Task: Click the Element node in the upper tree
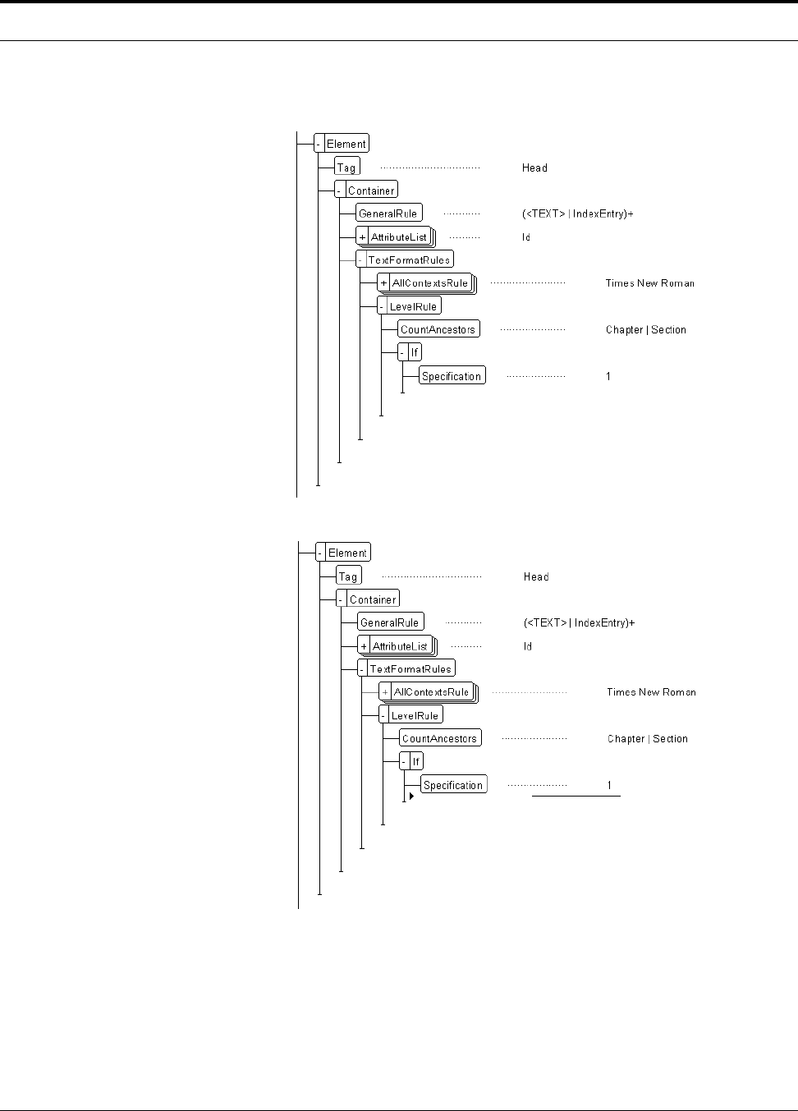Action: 346,144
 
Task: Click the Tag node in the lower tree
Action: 348,576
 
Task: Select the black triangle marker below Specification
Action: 411,796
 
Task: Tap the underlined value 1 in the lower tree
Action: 609,786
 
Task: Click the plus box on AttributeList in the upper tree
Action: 362,237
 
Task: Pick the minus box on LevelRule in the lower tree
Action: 383,715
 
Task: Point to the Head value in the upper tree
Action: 534,168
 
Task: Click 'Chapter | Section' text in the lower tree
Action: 647,739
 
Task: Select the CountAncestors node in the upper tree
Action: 438,329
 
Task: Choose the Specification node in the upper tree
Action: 452,376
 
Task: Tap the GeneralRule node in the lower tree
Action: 390,622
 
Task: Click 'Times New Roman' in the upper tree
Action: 649,283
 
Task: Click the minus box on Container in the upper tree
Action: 340,191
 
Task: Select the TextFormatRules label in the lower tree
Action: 410,669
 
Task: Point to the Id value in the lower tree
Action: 528,646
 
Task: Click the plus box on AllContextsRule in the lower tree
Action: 385,692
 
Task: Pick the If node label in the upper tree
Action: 415,352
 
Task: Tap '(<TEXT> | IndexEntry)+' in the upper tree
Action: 577,214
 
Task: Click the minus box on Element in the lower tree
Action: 320,553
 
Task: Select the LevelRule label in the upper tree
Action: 413,306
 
